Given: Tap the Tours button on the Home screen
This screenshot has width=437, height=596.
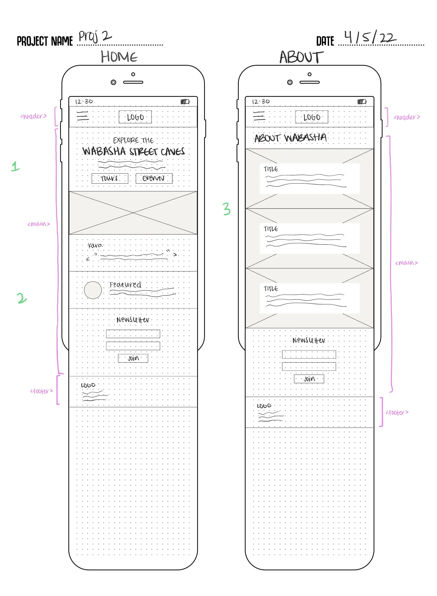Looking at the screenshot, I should (x=110, y=179).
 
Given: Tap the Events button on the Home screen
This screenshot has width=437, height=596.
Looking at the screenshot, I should (x=154, y=179).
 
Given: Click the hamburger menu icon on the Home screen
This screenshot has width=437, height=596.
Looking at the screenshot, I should (x=83, y=116).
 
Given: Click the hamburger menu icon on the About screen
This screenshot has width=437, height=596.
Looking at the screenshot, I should (x=259, y=116).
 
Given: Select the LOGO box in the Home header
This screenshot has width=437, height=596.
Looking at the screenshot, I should (x=135, y=117).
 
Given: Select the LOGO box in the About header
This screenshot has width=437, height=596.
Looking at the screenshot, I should (x=311, y=117).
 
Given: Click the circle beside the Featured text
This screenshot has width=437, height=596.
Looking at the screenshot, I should (x=93, y=290).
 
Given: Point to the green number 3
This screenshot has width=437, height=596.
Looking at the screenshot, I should (x=227, y=209).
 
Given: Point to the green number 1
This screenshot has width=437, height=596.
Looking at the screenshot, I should (x=15, y=166).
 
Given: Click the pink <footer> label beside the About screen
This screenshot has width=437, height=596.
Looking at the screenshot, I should (x=397, y=412).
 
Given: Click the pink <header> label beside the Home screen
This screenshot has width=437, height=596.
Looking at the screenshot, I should (x=33, y=116).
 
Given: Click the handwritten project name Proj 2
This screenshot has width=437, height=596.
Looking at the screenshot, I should (x=95, y=36).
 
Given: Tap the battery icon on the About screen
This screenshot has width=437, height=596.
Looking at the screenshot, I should (x=362, y=102).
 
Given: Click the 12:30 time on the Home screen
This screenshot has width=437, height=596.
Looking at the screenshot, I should (x=84, y=102).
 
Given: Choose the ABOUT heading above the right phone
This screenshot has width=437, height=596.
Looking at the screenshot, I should (x=301, y=57).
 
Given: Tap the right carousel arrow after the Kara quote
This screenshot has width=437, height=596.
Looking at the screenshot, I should (x=175, y=255).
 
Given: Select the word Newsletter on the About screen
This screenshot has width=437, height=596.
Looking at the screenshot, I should (x=309, y=340).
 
